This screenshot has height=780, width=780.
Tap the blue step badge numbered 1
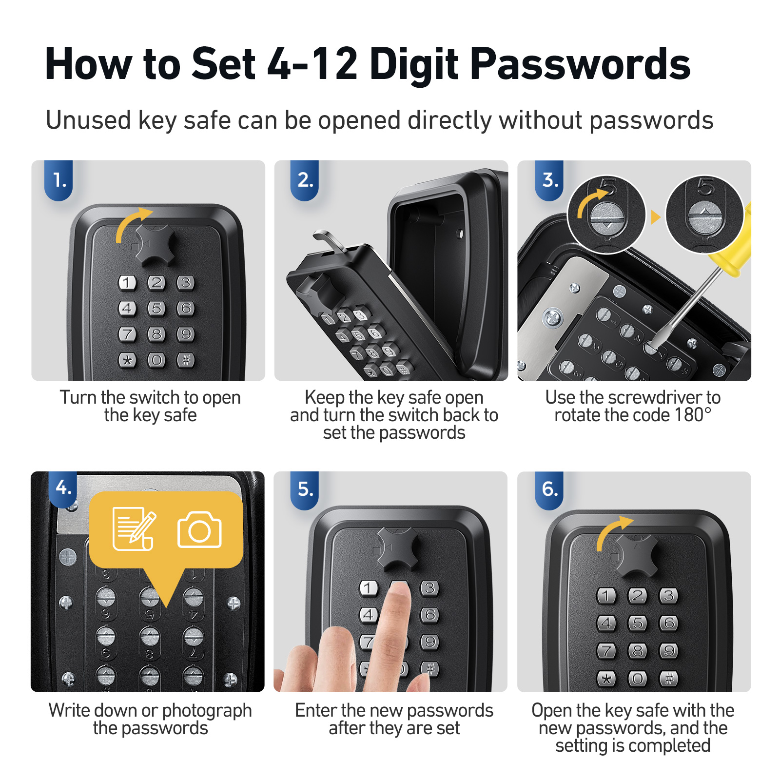tap(59, 180)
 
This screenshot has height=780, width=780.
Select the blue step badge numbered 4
tap(63, 488)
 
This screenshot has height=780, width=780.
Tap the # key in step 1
tap(186, 360)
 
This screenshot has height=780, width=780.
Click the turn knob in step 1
tap(156, 244)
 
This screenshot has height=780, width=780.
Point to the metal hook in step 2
tap(329, 242)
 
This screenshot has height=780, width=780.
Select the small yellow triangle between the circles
tap(655, 217)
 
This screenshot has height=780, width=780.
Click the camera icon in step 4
tap(199, 530)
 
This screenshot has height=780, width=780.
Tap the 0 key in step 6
tap(638, 678)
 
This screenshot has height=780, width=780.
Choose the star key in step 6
tap(606, 678)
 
